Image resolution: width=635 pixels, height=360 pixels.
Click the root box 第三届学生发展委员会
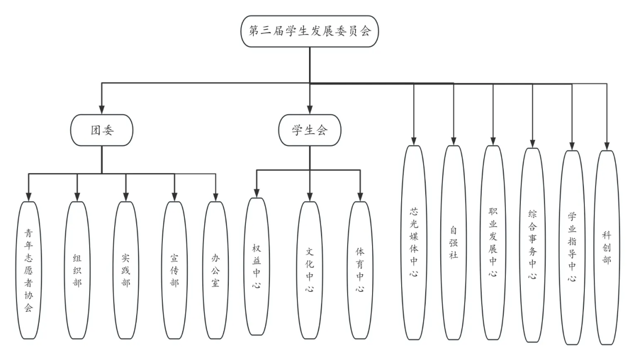coord(309,31)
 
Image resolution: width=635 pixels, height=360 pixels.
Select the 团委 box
coord(102,130)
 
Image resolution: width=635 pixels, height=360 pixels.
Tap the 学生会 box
coord(309,130)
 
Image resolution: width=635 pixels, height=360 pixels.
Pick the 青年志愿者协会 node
coord(29,270)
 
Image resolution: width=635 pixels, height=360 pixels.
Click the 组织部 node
coord(77,270)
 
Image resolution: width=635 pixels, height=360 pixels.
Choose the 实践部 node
coord(126,270)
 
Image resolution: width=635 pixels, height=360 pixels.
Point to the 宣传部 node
coord(174,270)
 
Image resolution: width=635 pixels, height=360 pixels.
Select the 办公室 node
coord(216,270)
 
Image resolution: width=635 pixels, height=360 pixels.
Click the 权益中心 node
coord(256,268)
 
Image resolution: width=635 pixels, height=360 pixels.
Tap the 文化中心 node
coord(310,270)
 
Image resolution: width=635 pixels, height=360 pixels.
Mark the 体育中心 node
coord(360,270)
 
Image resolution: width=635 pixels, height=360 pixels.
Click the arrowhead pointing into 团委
coord(102,110)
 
